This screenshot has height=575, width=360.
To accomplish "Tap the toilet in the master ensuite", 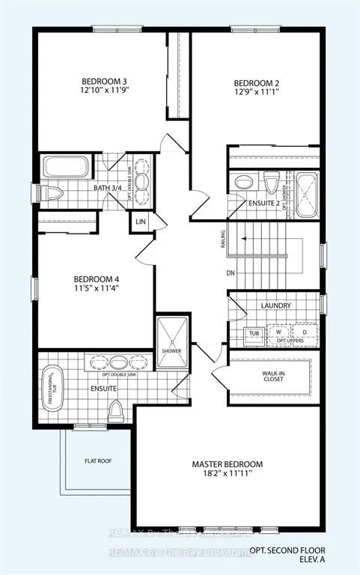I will point(116,409).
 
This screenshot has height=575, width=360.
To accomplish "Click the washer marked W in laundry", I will point(278,331).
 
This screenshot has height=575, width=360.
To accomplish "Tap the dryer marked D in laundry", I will point(303,331).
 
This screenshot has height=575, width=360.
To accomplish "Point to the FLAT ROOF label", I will point(98,461).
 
